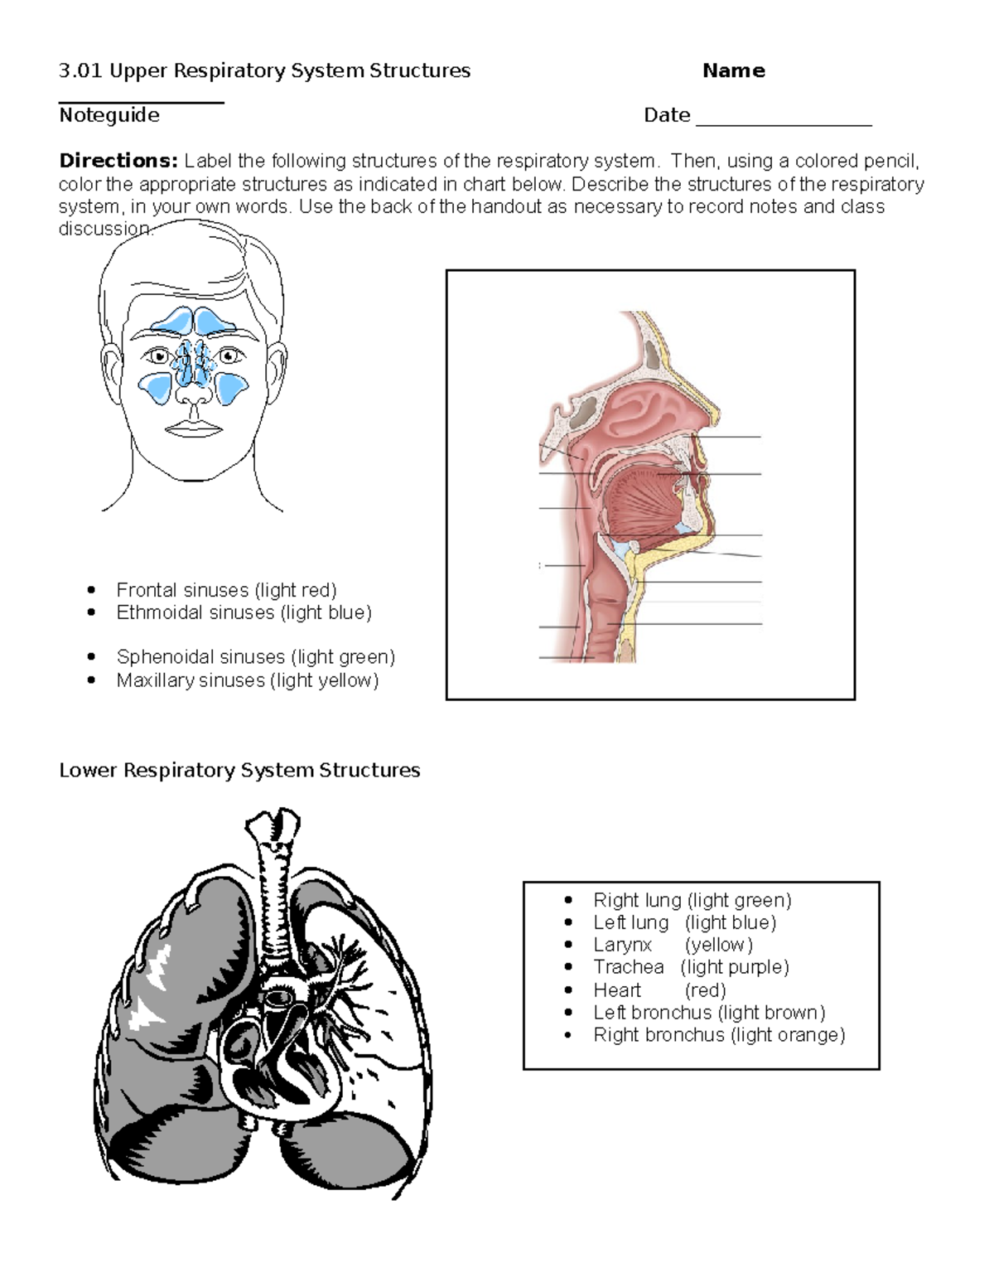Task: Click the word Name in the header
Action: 733,71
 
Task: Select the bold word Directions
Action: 118,161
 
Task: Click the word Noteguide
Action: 109,115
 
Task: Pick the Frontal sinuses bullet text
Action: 226,590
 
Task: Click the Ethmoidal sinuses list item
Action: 244,612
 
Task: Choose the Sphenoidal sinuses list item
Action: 255,657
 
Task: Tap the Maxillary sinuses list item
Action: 247,680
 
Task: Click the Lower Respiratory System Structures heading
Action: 239,771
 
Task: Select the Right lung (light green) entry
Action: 692,900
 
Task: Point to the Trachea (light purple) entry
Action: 691,967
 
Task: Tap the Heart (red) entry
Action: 659,990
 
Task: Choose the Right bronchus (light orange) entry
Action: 719,1035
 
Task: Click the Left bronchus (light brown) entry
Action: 709,1013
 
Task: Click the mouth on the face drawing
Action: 194,428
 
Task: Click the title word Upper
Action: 140,71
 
